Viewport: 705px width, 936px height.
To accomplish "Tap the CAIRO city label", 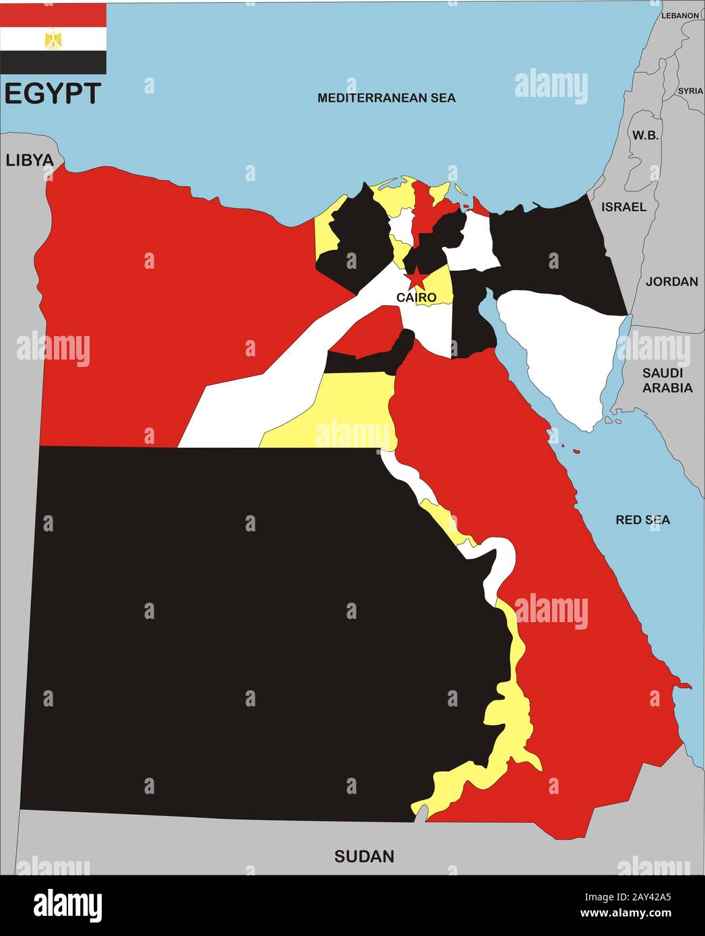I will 416,297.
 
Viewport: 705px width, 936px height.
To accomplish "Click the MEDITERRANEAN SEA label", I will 386,98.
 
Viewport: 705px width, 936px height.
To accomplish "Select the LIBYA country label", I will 29,160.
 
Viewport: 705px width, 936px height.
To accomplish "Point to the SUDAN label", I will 364,857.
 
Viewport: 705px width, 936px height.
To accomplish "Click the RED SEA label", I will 642,520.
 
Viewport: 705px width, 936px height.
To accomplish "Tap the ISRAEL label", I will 623,207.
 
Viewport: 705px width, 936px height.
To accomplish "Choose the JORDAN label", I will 671,281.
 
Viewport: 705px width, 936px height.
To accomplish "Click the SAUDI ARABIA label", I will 667,380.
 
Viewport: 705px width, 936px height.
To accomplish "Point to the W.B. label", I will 644,135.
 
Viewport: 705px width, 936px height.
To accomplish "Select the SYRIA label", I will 690,91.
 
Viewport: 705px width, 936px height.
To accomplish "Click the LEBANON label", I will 680,15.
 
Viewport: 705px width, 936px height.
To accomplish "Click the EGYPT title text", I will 53,94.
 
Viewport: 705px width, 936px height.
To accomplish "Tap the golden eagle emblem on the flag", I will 53,39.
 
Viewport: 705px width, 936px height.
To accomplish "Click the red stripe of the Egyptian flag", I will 53,15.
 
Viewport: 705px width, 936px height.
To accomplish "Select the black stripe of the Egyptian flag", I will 53,63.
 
